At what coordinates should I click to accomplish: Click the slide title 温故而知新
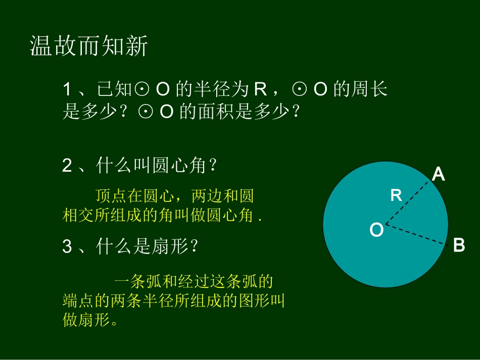pyautogui.click(x=89, y=46)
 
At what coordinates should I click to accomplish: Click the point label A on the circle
pyautogui.click(x=438, y=175)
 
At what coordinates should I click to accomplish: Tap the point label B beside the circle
pyautogui.click(x=458, y=245)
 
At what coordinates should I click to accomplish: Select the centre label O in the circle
pyautogui.click(x=376, y=231)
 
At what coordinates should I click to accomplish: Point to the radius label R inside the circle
pyautogui.click(x=396, y=195)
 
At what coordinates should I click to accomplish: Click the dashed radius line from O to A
pyautogui.click(x=408, y=202)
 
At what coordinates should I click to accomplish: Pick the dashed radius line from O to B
pyautogui.click(x=417, y=234)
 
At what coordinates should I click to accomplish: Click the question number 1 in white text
pyautogui.click(x=68, y=89)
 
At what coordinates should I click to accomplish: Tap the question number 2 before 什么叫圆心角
pyautogui.click(x=67, y=166)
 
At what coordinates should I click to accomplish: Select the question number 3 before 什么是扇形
pyautogui.click(x=67, y=247)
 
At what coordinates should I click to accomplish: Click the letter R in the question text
pyautogui.click(x=260, y=89)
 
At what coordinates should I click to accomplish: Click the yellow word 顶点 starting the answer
pyautogui.click(x=103, y=195)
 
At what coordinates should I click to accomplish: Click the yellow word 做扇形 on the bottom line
pyautogui.click(x=86, y=320)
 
